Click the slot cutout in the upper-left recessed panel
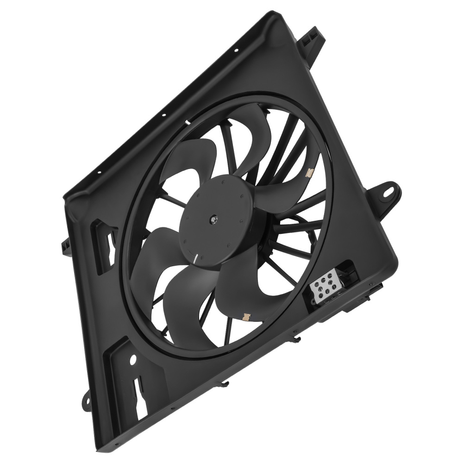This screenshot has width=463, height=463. click(109, 241)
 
